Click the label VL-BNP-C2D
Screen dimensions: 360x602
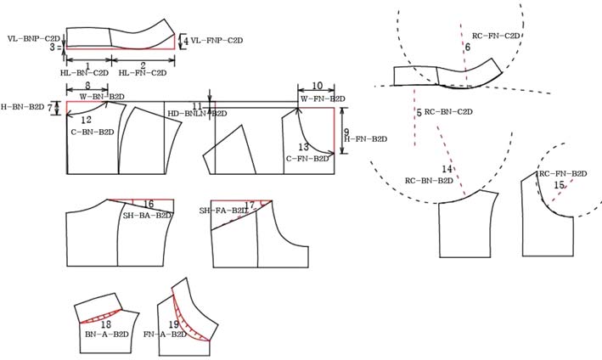33,39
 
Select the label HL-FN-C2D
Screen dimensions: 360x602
143,74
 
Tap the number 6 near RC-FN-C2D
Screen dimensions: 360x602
467,47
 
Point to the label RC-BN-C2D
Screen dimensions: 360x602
448,112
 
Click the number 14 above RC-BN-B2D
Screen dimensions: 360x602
447,170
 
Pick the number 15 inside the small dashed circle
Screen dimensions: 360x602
559,185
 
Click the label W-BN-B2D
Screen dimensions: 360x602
102,97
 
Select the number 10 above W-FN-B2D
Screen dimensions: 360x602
317,87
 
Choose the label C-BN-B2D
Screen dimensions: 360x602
92,132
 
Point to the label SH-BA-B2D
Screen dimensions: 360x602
148,216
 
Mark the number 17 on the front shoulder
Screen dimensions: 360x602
250,205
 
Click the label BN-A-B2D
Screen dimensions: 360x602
106,335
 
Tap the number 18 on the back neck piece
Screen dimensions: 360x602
106,324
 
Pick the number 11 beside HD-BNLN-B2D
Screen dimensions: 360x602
198,105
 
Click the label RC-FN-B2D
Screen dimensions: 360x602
563,173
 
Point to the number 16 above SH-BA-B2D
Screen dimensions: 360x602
148,205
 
